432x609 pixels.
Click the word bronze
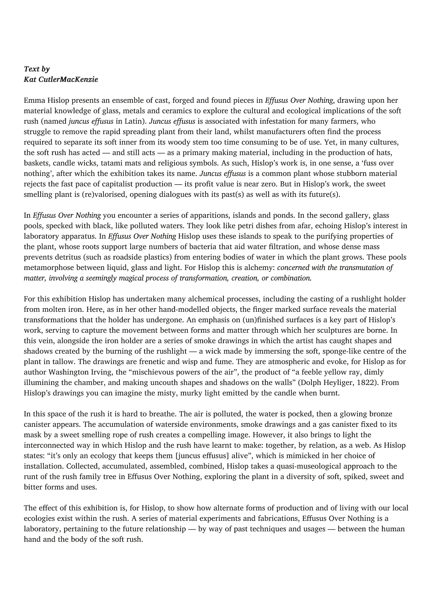[380, 414]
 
